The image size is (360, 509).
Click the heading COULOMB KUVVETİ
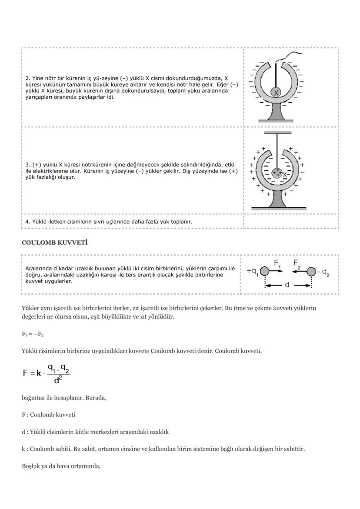(x=54, y=243)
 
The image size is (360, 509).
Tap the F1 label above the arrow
(x=277, y=263)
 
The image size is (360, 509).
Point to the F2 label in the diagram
(x=297, y=263)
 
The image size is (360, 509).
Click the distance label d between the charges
(x=287, y=286)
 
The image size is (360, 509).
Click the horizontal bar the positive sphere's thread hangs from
(x=277, y=132)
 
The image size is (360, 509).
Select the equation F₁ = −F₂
(x=33, y=334)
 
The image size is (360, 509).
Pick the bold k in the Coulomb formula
(x=39, y=373)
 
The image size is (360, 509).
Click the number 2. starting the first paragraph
(x=28, y=78)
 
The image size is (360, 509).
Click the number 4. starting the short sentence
(x=28, y=221)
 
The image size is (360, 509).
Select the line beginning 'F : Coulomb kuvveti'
(x=48, y=415)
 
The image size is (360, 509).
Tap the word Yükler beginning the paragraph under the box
(x=30, y=308)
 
